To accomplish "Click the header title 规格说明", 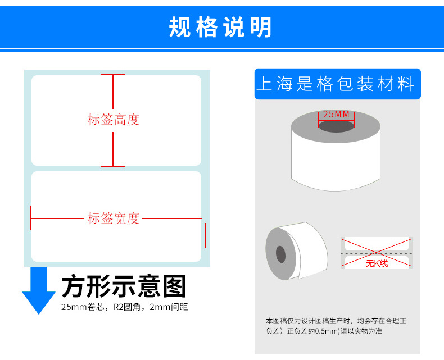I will [220, 27].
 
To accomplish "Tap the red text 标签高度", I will [113, 120].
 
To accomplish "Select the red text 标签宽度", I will [113, 218].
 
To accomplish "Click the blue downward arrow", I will [38, 290].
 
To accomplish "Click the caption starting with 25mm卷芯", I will [124, 307].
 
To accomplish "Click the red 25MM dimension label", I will [336, 115].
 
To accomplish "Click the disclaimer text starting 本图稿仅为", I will [336, 326].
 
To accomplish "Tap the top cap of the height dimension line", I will [113, 75].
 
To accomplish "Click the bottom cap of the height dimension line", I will [113, 166].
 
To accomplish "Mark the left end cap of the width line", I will [31, 218].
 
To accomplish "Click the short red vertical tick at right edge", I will [205, 235].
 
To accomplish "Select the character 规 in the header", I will [179, 27].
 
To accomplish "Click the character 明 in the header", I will [262, 27].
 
